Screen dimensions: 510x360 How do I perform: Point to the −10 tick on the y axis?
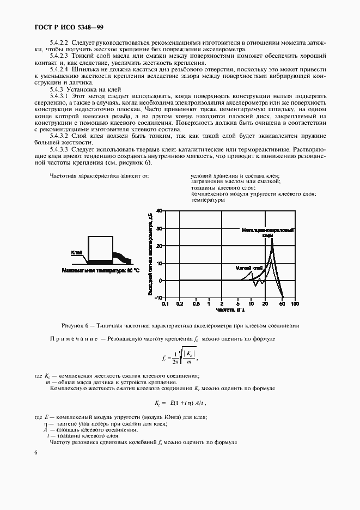[x=157, y=297]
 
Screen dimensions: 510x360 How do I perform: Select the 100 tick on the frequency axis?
[x=294, y=303]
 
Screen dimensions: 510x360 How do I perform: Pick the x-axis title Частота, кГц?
[x=230, y=310]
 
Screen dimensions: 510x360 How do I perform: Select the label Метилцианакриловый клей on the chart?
[x=268, y=233]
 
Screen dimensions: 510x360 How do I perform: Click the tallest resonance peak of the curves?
[x=272, y=239]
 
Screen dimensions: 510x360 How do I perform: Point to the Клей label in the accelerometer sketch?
[x=76, y=253]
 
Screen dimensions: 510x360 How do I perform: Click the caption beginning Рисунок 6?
[x=180, y=325]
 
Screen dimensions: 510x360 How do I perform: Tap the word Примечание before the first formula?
[x=73, y=339]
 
